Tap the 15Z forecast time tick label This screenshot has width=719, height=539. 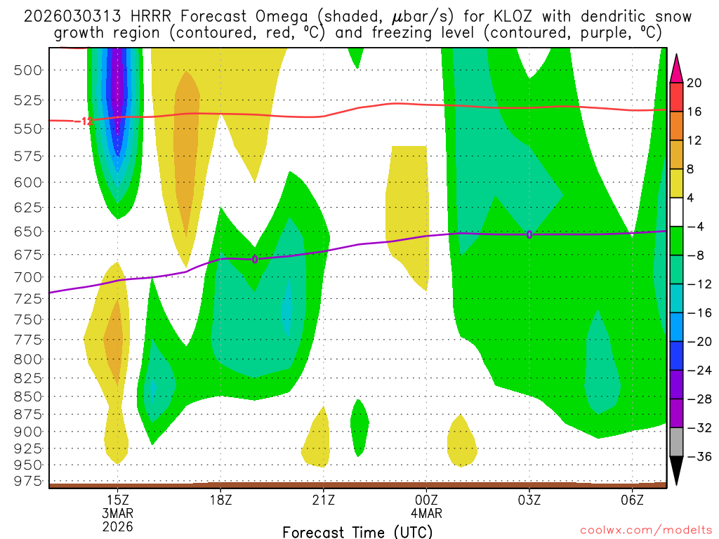[117, 499]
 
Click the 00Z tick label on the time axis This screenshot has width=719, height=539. [426, 499]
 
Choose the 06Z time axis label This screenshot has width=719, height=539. [632, 499]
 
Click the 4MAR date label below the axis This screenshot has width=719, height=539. [426, 512]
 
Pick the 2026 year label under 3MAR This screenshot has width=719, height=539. [117, 526]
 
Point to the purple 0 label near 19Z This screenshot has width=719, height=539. [255, 260]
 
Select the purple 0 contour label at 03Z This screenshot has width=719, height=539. [529, 234]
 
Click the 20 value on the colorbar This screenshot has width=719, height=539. [694, 83]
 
